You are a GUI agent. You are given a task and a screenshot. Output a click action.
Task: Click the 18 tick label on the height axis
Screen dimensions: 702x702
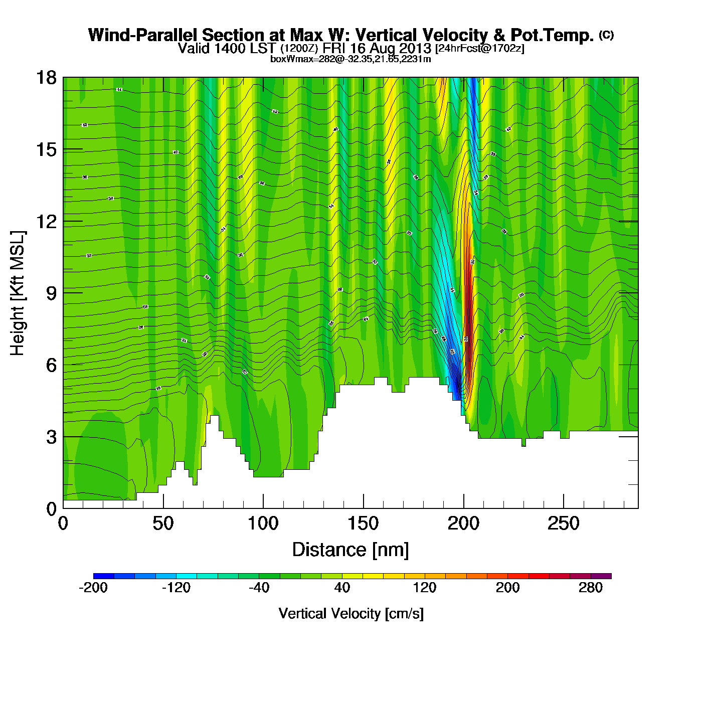46,78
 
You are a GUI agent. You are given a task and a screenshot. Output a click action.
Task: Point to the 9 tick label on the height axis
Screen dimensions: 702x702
51,293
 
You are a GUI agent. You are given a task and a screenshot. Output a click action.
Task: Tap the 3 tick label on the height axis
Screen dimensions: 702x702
51,437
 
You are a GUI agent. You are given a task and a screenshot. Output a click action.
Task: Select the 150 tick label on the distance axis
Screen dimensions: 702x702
363,524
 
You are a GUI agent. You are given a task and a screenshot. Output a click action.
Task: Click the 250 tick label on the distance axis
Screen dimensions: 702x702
564,524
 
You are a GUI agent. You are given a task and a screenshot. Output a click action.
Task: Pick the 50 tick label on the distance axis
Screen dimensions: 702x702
163,524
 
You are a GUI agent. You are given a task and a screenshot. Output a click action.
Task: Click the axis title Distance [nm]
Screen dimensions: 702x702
350,550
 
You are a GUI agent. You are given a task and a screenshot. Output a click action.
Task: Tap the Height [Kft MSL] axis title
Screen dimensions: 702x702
18,293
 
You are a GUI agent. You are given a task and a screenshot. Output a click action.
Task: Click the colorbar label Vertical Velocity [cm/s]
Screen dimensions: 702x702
351,614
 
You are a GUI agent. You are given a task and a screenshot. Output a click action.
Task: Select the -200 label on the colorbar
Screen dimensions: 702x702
93,588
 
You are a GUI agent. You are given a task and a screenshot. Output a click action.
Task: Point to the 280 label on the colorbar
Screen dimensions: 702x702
591,588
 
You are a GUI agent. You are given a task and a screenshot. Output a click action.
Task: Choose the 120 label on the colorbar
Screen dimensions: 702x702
425,588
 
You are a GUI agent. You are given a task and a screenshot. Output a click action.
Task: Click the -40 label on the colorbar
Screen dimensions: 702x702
259,588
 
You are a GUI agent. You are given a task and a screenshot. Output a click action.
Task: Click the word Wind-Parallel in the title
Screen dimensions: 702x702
143,36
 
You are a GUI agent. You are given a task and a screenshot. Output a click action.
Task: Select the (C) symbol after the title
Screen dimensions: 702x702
606,35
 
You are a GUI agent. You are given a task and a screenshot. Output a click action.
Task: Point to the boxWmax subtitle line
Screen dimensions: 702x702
350,59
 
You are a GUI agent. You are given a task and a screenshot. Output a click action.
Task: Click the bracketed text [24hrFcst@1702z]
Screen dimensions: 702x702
480,49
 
